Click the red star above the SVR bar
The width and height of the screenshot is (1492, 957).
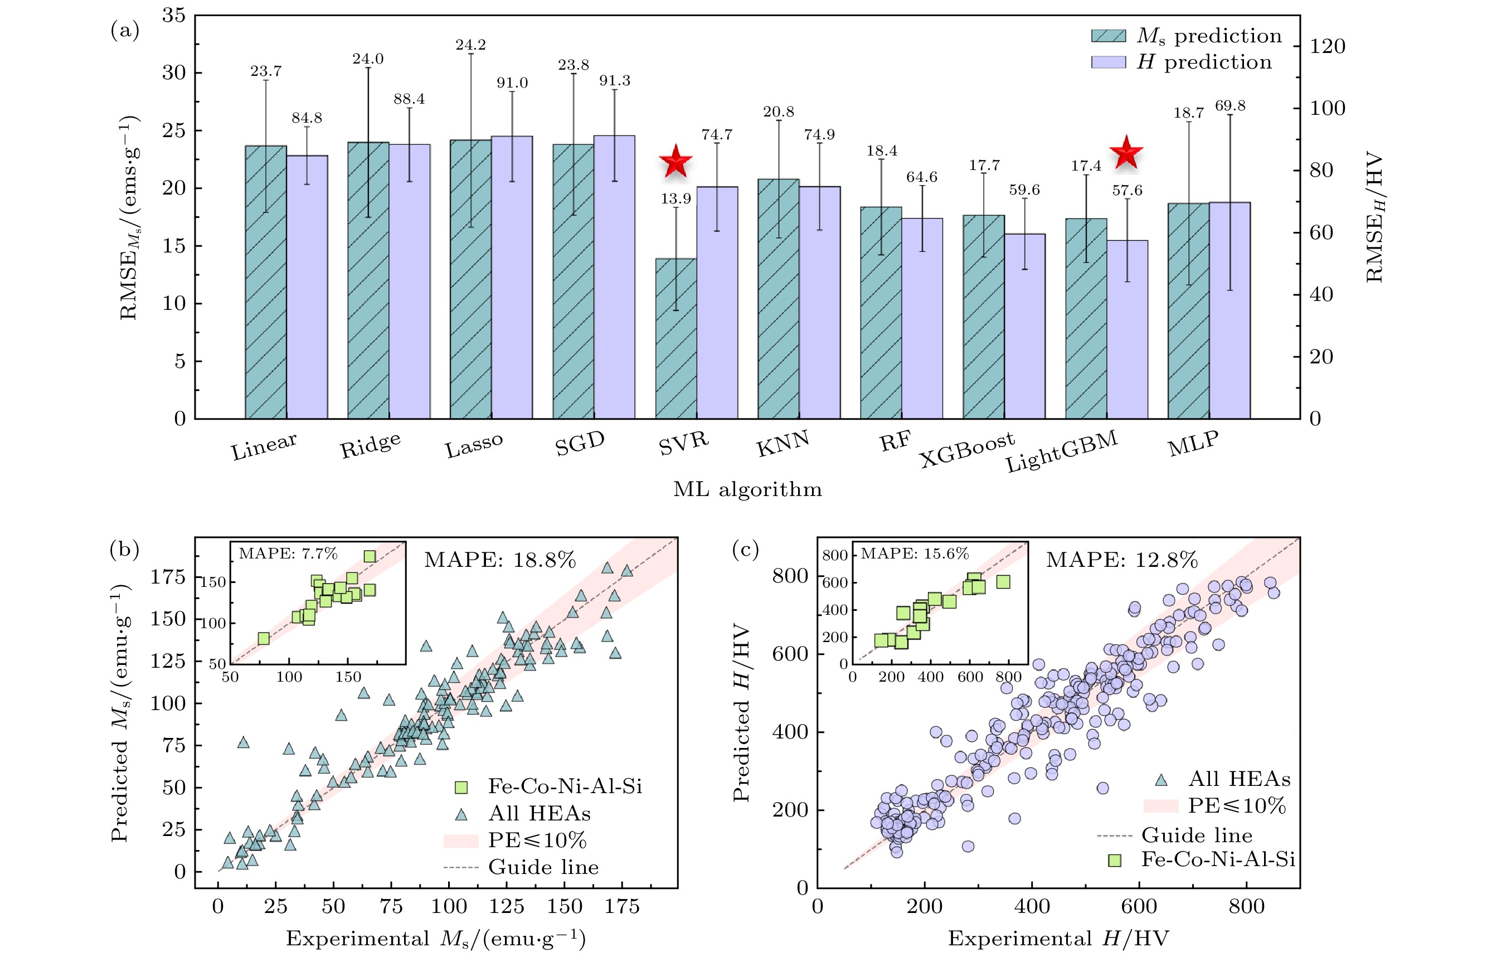(675, 162)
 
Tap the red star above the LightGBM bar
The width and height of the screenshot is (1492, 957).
(1126, 152)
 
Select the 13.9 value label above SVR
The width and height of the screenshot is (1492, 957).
(675, 199)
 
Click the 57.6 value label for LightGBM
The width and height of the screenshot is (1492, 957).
(1126, 190)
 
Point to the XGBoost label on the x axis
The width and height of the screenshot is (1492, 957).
(967, 449)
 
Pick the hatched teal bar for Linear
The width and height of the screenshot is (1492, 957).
(266, 283)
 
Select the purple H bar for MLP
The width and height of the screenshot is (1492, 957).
(1229, 310)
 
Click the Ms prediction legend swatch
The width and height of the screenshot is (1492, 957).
(1109, 36)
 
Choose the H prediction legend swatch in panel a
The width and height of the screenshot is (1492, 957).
(1109, 62)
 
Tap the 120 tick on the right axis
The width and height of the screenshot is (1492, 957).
(1328, 47)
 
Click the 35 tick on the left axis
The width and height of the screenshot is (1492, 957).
(174, 16)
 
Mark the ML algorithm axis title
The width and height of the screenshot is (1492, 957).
(747, 490)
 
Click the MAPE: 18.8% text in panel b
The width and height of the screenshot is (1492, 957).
(500, 560)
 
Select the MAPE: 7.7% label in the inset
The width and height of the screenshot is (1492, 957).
(288, 553)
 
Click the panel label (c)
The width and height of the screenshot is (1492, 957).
(745, 550)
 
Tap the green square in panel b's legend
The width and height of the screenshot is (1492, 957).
(461, 788)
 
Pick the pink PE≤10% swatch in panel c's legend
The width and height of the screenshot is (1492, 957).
(1160, 806)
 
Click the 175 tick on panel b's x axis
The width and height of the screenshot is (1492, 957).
(622, 907)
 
